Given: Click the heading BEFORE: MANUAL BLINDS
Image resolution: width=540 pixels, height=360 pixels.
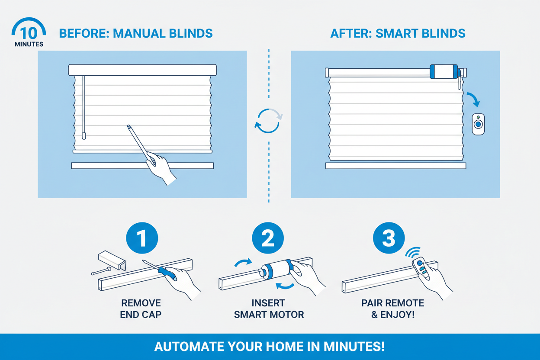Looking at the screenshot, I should coord(135,33).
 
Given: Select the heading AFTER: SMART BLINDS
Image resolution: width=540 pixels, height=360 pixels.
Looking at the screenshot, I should coord(398,33).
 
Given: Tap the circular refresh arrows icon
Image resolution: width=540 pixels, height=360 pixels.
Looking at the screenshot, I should coord(268,120).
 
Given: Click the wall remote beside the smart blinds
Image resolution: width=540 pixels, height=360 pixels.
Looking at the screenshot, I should coord(478,124).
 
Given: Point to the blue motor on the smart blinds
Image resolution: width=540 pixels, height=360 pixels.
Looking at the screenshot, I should coord(444,71).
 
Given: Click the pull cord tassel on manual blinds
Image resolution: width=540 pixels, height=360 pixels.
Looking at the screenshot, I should coord(84,135).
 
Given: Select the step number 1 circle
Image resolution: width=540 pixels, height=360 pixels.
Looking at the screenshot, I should coord(141,238).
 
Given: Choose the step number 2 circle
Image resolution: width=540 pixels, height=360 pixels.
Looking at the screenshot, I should coord(268,238).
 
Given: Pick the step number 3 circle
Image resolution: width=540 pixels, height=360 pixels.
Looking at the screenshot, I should coord(389,238).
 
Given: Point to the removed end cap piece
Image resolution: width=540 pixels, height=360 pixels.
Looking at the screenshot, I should coord(112,260).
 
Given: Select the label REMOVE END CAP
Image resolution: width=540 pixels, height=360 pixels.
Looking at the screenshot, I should coord(141,309).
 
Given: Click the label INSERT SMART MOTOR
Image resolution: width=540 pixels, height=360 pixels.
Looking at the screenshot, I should coord(269,309).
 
